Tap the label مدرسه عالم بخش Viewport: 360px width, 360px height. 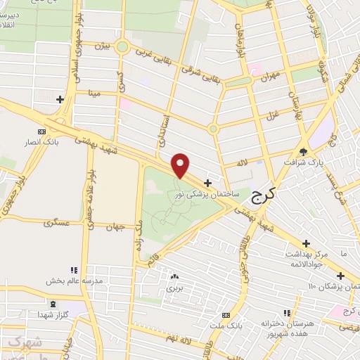[75, 280]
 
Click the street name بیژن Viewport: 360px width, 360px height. [102, 46]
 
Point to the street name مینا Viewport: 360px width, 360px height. [94, 91]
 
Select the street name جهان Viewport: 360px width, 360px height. [117, 226]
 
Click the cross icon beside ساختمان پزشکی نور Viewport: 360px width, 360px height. [207, 182]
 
